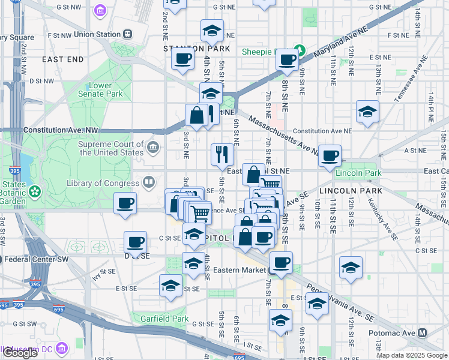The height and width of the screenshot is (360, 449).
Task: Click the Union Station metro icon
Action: (128, 34)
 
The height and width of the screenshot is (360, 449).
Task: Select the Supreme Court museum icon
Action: (153, 147)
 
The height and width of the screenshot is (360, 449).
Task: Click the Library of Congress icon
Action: (148, 182)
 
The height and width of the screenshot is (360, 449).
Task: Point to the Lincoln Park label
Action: (358, 173)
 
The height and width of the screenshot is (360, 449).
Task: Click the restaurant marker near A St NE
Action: (222, 154)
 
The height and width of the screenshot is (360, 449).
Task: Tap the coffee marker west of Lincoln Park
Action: (330, 155)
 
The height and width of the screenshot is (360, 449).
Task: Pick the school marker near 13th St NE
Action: (367, 112)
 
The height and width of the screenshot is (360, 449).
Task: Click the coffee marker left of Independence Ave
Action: (125, 202)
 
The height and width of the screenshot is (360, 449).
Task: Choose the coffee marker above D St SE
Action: (135, 242)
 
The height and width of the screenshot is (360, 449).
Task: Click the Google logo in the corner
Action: (19, 353)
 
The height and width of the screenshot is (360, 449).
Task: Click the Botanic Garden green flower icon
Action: (35, 191)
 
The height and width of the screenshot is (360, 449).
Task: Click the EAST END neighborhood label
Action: (63, 59)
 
